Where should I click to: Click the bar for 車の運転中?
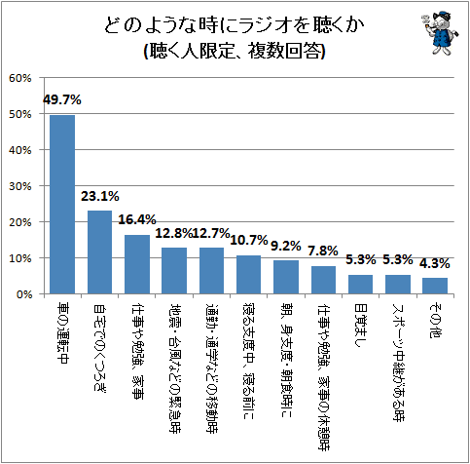tap(62, 205)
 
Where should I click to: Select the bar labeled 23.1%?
tap(100, 252)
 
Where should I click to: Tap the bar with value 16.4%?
tap(137, 264)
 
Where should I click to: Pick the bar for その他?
tap(435, 286)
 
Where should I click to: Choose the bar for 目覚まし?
tap(360, 285)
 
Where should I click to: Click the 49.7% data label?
tap(62, 100)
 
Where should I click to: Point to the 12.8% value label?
tap(174, 233)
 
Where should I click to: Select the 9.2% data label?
tap(286, 247)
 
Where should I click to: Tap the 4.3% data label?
tap(435, 263)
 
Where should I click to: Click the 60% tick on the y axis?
tap(20, 78)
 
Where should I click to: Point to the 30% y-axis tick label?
tap(20, 186)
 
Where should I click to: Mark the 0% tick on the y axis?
tap(23, 294)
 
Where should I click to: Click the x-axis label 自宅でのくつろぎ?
tap(100, 347)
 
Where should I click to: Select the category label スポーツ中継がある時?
tap(398, 363)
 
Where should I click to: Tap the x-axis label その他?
tap(435, 321)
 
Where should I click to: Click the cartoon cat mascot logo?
tap(441, 32)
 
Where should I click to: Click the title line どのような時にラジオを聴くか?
tap(235, 25)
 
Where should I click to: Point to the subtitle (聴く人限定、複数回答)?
tap(235, 51)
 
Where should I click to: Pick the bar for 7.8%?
tap(323, 280)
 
